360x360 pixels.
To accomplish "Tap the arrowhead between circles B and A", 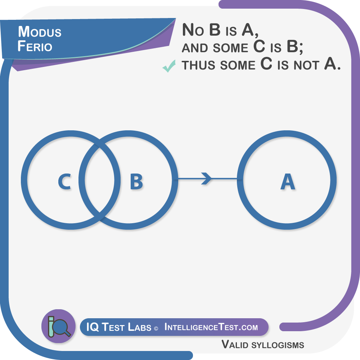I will [x=206, y=179].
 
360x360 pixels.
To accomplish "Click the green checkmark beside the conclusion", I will [x=168, y=66].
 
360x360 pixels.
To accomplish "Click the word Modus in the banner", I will [x=40, y=32].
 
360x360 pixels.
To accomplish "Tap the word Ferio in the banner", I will [x=35, y=47].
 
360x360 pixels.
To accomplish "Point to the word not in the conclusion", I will [x=305, y=65].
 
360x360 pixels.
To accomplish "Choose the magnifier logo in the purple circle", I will [x=58, y=326].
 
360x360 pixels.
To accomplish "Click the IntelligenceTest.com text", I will [x=211, y=327].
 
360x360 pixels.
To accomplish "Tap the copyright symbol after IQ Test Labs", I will [x=156, y=328].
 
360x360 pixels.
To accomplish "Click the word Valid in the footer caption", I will [x=234, y=345].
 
